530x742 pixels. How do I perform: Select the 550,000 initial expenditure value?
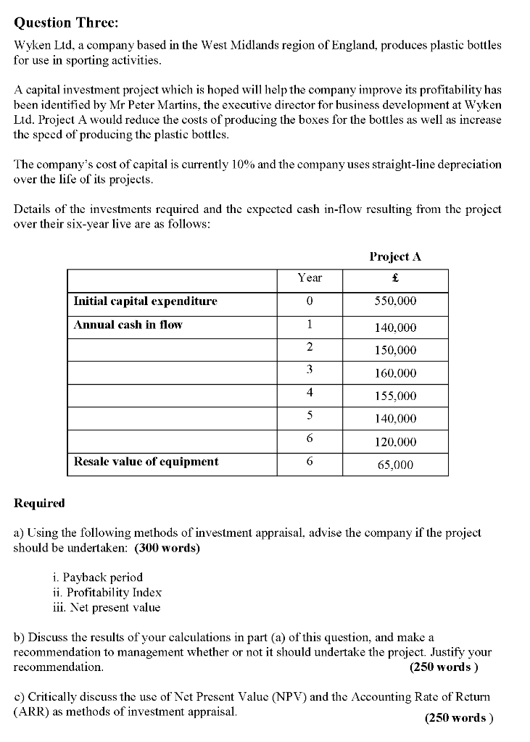(x=396, y=301)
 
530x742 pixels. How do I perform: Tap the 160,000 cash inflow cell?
(x=396, y=374)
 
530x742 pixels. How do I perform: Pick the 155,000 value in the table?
(x=396, y=396)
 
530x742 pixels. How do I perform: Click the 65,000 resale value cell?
(x=396, y=465)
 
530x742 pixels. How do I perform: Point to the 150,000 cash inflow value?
(x=396, y=351)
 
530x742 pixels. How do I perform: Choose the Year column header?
(x=310, y=278)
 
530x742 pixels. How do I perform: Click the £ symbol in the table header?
(x=395, y=278)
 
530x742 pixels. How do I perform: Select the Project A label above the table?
(x=395, y=257)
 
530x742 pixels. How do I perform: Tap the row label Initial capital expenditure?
(x=145, y=301)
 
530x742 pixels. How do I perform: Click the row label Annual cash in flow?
(x=128, y=325)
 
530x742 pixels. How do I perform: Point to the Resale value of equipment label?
(x=146, y=462)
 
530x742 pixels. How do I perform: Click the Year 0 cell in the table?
(x=310, y=301)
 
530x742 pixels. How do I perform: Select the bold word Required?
(x=39, y=503)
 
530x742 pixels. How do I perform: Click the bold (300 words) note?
(x=167, y=548)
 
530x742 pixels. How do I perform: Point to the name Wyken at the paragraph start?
(x=32, y=45)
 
